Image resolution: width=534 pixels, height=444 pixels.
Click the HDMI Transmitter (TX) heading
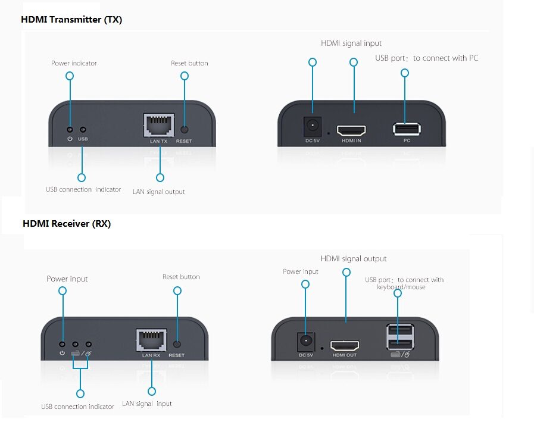[71, 20]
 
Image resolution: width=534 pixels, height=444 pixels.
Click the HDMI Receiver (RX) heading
[67, 224]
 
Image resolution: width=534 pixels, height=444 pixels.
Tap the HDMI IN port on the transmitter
[351, 130]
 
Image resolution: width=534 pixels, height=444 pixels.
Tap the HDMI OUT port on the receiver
[345, 345]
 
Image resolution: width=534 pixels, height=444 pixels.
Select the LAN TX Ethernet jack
[159, 125]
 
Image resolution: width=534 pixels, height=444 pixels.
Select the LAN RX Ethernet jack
[151, 340]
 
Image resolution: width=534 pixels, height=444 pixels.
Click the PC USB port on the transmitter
[407, 129]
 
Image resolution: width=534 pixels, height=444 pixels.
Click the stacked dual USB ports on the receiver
[399, 337]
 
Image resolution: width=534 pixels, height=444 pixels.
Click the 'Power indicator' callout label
[74, 63]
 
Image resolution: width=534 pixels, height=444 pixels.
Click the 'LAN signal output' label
[159, 192]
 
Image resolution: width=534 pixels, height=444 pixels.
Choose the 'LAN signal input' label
[147, 404]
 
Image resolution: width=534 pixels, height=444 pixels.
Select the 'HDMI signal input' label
[351, 43]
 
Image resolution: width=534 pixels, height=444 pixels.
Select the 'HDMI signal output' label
[354, 259]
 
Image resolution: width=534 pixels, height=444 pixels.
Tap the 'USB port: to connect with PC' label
[426, 58]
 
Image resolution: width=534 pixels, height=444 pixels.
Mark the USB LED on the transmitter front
[83, 129]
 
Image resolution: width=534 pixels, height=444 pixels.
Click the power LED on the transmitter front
[70, 129]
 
